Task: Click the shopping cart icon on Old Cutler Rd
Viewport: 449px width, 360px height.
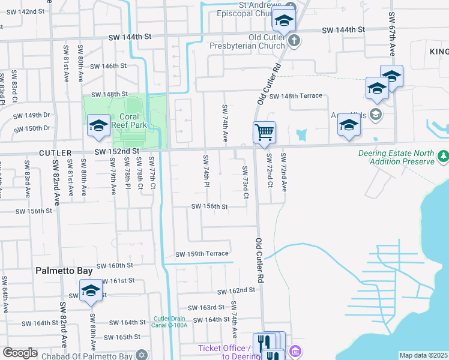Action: pos(264,131)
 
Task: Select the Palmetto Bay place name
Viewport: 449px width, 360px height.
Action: pos(64,271)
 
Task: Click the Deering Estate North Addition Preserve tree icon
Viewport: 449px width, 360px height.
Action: pos(443,156)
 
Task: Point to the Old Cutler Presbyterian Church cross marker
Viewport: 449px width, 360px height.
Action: pos(294,41)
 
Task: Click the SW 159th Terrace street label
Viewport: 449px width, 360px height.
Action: pos(202,254)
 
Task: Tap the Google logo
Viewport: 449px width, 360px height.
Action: pos(20,353)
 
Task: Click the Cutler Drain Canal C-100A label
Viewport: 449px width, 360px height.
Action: pos(170,322)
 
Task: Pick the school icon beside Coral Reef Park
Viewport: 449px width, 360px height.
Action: pos(98,125)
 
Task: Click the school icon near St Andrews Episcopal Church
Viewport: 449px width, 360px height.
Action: pos(283,22)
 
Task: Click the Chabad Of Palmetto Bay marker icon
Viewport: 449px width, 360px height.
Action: pos(142,354)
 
